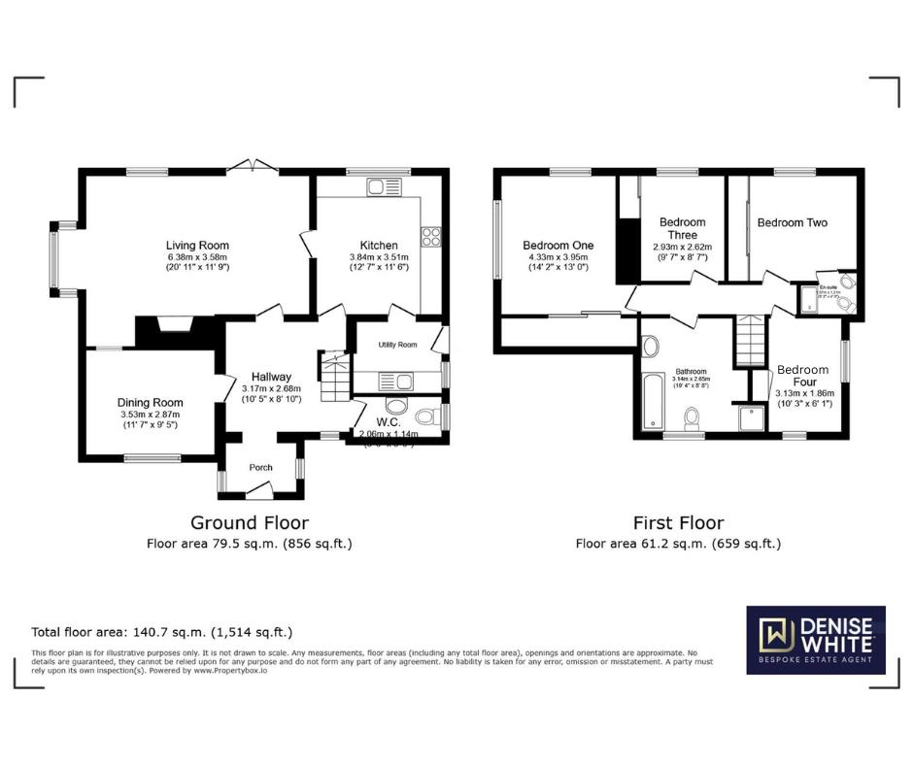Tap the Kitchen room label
[x=378, y=245]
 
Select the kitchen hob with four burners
[x=430, y=236]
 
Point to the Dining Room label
[x=150, y=403]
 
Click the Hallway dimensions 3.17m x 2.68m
[x=271, y=388]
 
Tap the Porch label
[x=261, y=468]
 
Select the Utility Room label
[x=398, y=345]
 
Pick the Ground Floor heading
[x=250, y=523]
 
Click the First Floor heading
[x=677, y=523]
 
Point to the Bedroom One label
[x=558, y=246]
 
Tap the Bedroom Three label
[x=682, y=229]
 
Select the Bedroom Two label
[x=793, y=223]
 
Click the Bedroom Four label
[x=802, y=376]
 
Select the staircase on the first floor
[x=750, y=343]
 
